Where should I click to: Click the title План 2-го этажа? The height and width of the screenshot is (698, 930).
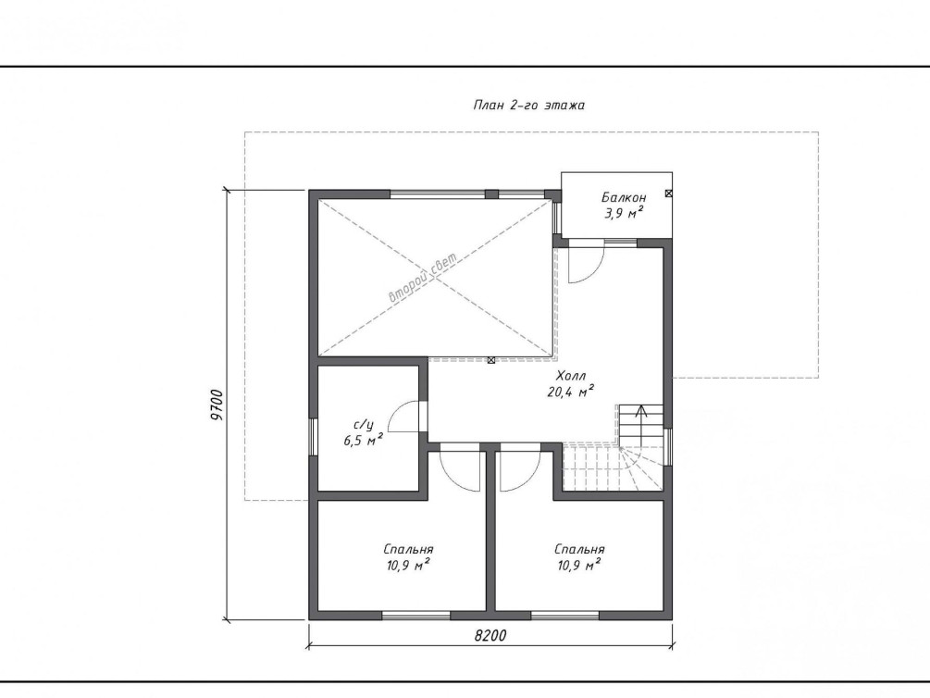[529, 105]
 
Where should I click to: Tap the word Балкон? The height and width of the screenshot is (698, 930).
[624, 197]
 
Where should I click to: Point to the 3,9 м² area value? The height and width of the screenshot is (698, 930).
[624, 213]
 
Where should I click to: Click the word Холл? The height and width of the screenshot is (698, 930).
[571, 376]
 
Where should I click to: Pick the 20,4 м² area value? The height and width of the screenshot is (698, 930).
[571, 392]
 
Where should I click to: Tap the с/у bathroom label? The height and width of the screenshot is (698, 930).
[364, 425]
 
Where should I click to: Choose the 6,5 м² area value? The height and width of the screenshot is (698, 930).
[363, 440]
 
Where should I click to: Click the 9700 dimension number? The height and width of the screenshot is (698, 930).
[217, 405]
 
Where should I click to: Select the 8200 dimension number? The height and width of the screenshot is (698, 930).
[490, 636]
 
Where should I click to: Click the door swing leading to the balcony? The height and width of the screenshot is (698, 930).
[586, 264]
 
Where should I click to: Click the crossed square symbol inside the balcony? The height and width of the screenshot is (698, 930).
[668, 193]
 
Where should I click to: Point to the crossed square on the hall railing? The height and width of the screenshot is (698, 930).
[491, 360]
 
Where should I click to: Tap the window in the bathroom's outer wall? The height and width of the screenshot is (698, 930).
[313, 437]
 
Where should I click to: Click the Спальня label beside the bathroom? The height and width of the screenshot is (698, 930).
[408, 550]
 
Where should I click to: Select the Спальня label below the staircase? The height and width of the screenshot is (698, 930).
[579, 550]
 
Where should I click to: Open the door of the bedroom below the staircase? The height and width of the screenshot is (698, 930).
[520, 471]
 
